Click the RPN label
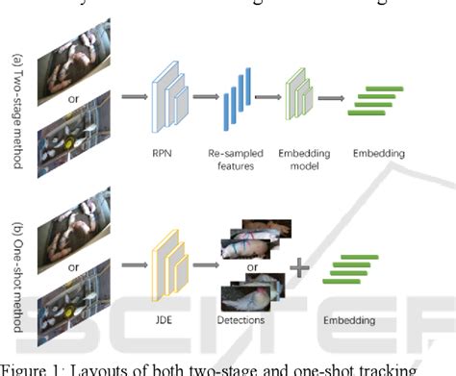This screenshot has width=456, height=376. [x=163, y=151]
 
